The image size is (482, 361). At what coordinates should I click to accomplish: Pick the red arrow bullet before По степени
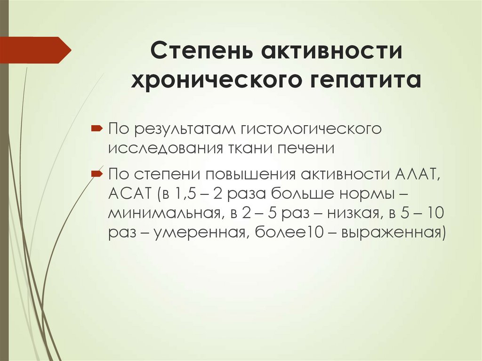pyautogui.click(x=95, y=174)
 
